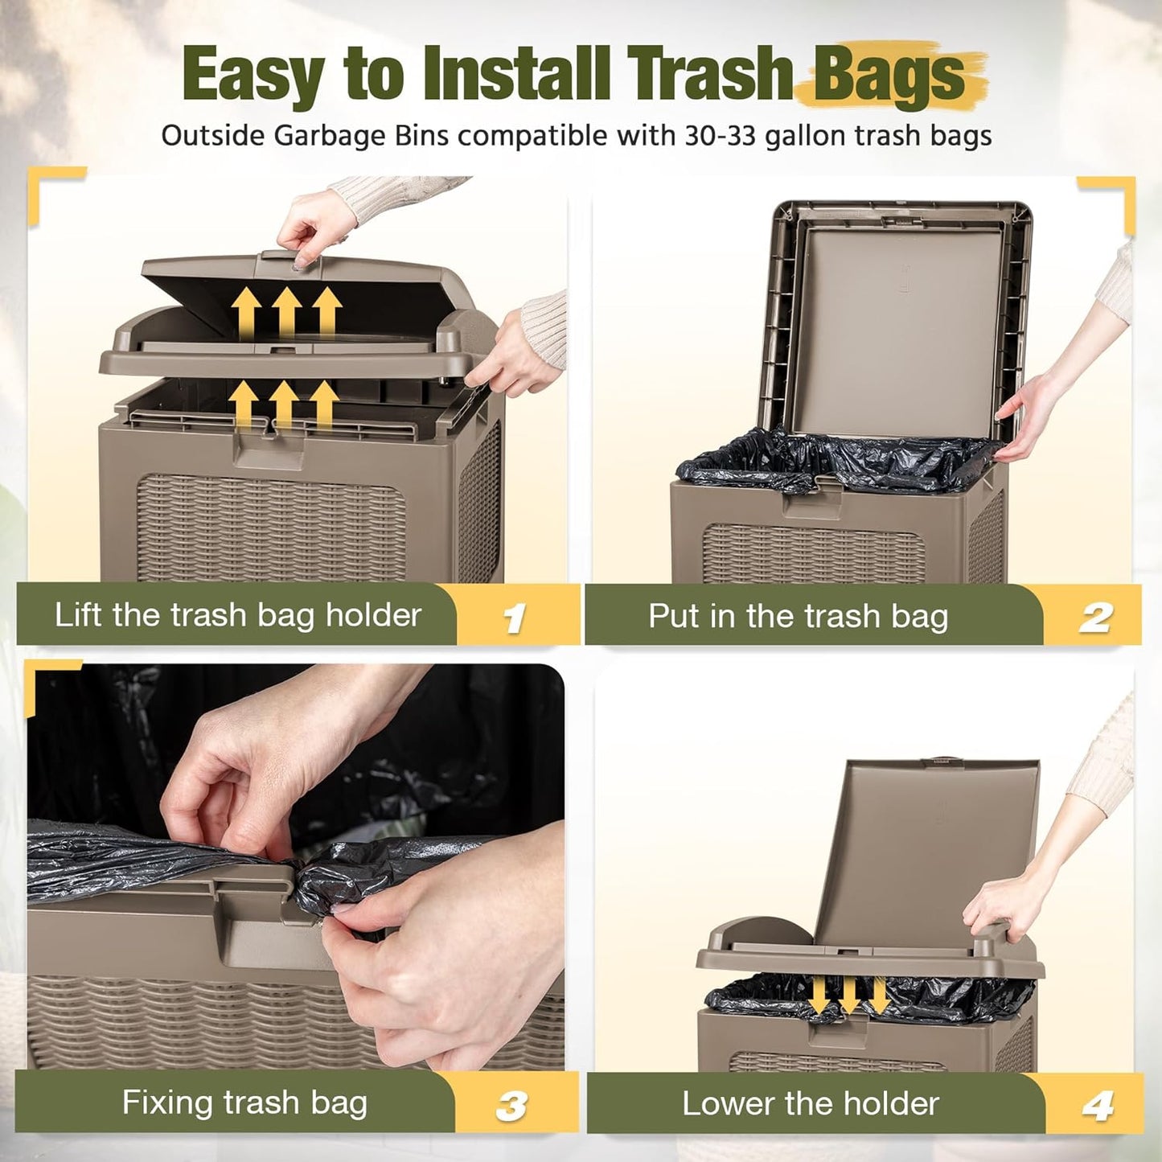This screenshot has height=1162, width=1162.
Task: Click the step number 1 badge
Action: [x=514, y=618]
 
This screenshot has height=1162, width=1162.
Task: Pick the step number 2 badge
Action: [x=1094, y=618]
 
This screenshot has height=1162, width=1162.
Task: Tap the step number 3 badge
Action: [x=511, y=1106]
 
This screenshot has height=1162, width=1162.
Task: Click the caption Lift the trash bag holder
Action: [x=237, y=615]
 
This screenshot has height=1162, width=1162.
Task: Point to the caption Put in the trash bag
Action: [x=799, y=616]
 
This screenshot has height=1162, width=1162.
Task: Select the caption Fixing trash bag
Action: [x=244, y=1102]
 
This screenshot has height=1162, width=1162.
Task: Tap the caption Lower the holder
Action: [x=811, y=1103]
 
